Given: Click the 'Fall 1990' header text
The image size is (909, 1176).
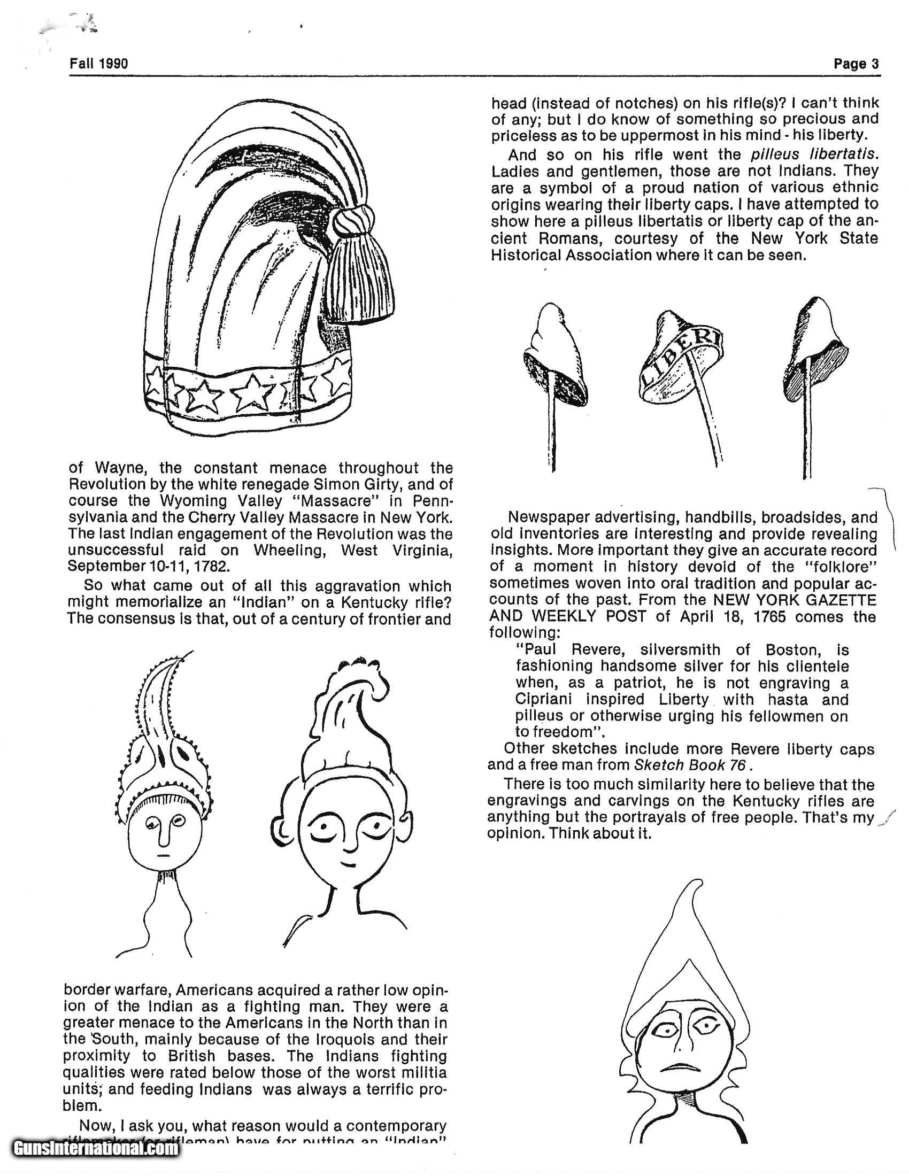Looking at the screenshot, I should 98,64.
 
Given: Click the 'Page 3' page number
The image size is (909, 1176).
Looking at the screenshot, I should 856,64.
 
